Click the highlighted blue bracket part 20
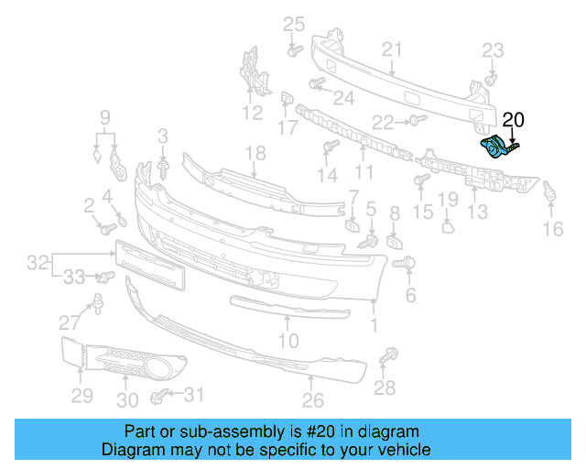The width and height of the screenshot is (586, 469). click(495, 147)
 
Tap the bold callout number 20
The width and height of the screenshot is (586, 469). click(514, 119)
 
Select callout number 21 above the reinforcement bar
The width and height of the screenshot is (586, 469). click(392, 49)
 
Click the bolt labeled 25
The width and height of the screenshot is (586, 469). click(294, 49)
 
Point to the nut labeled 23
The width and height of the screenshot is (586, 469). click(492, 80)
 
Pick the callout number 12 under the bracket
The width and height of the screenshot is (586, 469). click(252, 114)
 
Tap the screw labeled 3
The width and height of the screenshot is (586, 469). click(163, 169)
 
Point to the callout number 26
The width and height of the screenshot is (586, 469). click(313, 400)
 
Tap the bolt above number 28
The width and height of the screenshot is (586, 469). click(391, 354)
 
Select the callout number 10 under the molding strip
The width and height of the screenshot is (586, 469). click(288, 342)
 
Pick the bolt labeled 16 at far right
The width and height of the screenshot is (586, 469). click(549, 193)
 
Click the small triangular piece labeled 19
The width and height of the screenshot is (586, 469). click(448, 224)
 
